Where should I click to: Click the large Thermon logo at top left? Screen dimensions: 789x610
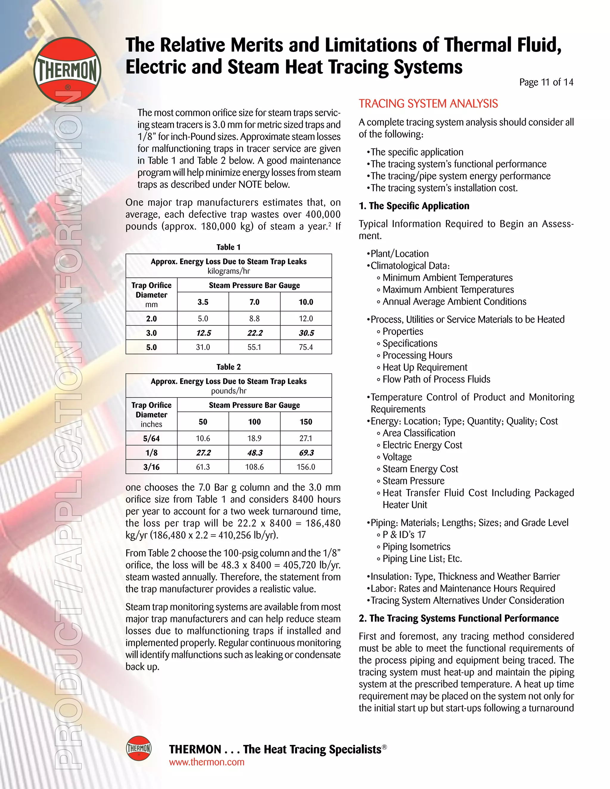point(67,69)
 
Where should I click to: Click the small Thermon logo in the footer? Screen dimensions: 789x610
point(139,748)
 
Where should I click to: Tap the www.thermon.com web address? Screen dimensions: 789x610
point(207,762)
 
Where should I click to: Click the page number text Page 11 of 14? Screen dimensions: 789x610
point(546,82)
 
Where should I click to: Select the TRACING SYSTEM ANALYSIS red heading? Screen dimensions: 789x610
point(428,104)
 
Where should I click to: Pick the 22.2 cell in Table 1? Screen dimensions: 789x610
point(254,333)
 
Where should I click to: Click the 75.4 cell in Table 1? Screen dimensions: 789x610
point(306,347)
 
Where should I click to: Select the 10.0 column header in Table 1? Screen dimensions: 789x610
point(306,302)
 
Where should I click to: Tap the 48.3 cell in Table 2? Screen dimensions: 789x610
point(254,453)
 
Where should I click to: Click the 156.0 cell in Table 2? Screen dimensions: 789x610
point(306,467)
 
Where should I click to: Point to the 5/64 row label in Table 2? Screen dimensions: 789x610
point(151,439)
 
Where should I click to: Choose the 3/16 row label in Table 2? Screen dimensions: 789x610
point(151,467)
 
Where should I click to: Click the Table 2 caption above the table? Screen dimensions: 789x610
point(228,367)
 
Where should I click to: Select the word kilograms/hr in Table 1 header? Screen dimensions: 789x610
point(228,271)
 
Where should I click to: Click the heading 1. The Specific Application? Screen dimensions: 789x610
point(414,206)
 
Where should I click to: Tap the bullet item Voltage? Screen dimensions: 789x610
point(397,457)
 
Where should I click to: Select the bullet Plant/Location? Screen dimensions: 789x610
point(399,254)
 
